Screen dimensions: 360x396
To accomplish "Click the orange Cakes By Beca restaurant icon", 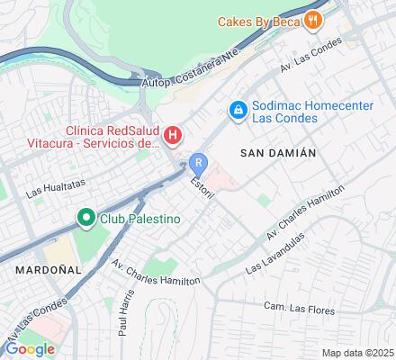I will pos(312,19).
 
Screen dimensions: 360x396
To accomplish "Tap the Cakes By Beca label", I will pos(259,20).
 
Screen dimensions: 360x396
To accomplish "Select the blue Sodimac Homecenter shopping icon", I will pos(238,110).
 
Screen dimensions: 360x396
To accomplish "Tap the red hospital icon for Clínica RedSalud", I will pos(174,137).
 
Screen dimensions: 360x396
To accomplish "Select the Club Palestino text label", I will pos(139,219).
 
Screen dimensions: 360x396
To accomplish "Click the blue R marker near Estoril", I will pos(199,164).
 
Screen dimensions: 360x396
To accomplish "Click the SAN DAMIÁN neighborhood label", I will pos(278,153).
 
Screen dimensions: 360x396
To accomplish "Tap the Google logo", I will pos(30,348).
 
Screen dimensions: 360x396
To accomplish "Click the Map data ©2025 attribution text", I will pos(358,352).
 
